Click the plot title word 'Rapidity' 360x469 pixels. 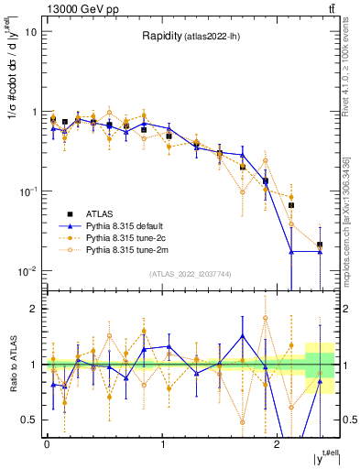point(162,37)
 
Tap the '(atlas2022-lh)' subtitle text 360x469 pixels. point(213,38)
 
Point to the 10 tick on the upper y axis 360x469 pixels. point(30,32)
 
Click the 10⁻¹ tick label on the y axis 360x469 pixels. point(27,191)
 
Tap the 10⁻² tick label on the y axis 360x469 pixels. point(27,271)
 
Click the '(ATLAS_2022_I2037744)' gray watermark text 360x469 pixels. point(190,274)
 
